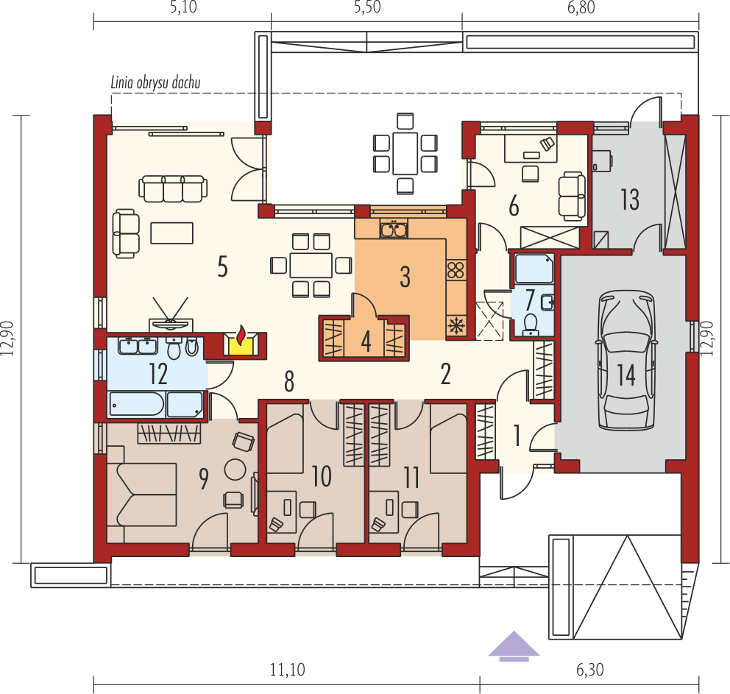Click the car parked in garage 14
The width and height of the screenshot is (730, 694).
(626, 360)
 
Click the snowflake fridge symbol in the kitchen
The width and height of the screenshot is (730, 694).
(456, 325)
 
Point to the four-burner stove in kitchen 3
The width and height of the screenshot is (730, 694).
(456, 269)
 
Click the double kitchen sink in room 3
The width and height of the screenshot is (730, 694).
(394, 230)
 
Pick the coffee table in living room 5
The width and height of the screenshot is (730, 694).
(172, 233)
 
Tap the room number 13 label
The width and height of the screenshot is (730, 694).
(629, 199)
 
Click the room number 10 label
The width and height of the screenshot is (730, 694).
(322, 477)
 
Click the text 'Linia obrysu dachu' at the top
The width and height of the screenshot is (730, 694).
(155, 83)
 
